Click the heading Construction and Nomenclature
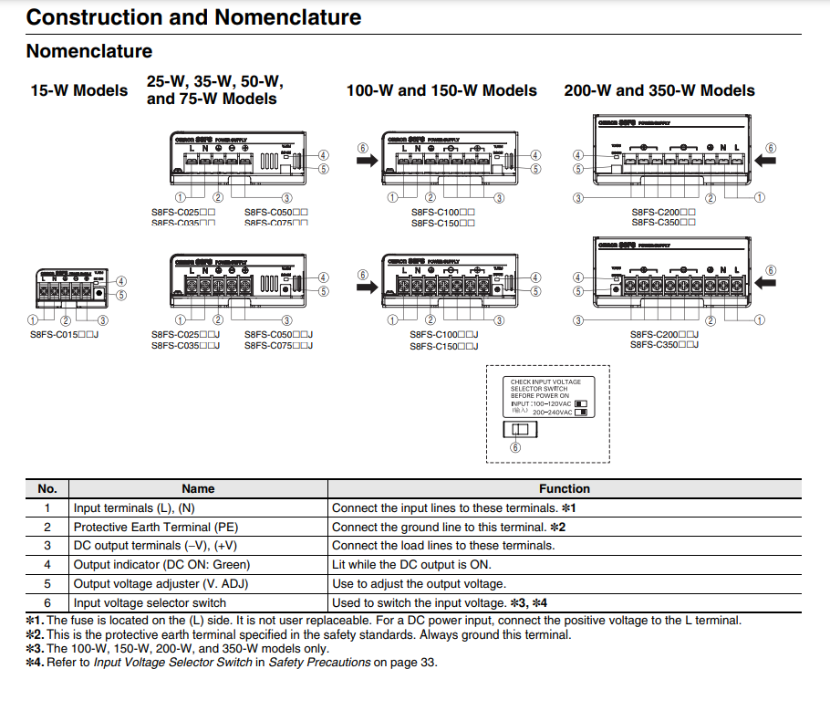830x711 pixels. click(x=193, y=16)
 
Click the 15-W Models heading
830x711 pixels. click(x=79, y=90)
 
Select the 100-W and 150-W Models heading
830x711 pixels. click(x=441, y=90)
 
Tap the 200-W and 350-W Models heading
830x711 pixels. click(x=659, y=90)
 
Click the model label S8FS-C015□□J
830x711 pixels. click(x=64, y=335)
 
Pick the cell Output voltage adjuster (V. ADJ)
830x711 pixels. click(x=148, y=583)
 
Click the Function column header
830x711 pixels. click(x=565, y=488)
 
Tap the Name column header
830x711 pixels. click(x=198, y=488)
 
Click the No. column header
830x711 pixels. click(x=47, y=488)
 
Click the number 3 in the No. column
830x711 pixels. click(x=47, y=546)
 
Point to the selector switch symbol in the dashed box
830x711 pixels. click(x=520, y=429)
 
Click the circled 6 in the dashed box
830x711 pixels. click(x=516, y=447)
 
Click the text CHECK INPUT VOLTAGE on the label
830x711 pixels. click(x=545, y=382)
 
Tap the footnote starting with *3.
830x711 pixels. click(x=177, y=648)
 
